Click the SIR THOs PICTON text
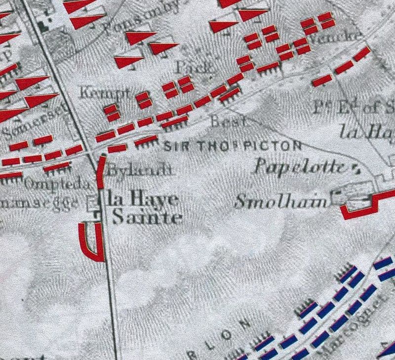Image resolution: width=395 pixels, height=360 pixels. pyautogui.click(x=232, y=146)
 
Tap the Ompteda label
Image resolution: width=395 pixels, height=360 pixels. pyautogui.click(x=58, y=185)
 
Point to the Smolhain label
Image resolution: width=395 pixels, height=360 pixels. pyautogui.click(x=282, y=201)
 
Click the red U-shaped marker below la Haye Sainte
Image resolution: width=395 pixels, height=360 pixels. pyautogui.click(x=92, y=241)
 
